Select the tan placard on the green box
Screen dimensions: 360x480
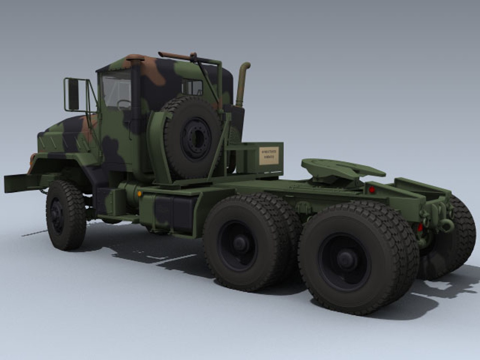[269, 156]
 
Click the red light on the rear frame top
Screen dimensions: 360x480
[372, 189]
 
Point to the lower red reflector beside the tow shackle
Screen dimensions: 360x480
[420, 227]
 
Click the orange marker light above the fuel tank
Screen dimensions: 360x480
[139, 194]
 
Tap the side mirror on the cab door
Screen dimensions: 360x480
[73, 94]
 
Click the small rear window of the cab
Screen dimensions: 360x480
[193, 87]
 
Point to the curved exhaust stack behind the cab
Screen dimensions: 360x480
[242, 83]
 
